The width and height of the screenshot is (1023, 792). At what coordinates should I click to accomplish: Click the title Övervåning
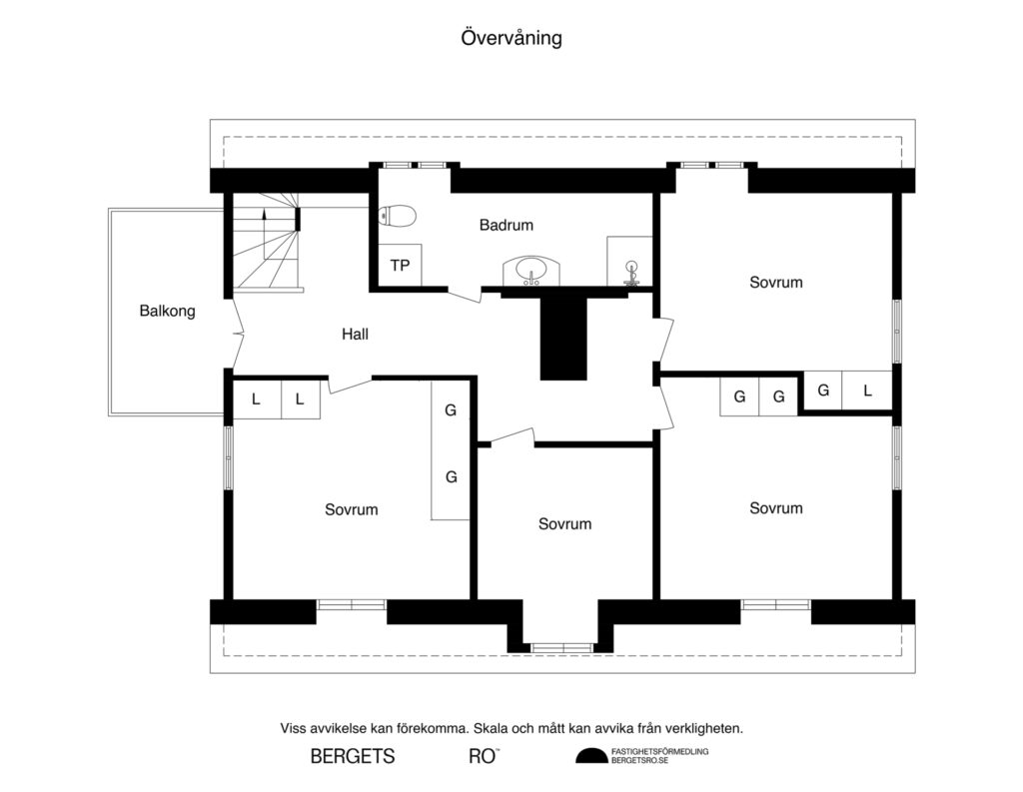point(511,38)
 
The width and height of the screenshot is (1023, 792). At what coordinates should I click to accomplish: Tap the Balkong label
point(167,311)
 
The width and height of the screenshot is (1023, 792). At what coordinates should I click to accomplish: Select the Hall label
point(355,335)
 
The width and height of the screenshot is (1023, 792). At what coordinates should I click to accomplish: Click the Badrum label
point(506,226)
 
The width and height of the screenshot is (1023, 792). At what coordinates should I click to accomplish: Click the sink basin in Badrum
point(531,270)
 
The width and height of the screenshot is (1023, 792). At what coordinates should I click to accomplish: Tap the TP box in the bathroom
point(400,266)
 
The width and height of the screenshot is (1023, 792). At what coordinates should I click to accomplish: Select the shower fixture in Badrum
point(630,269)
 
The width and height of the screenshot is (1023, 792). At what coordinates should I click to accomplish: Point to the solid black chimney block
point(563,335)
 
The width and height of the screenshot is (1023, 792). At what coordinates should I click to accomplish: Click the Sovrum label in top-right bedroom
point(775,283)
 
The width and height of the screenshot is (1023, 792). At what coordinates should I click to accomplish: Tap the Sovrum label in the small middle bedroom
point(564,523)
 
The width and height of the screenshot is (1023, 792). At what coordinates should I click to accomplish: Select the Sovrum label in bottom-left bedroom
point(351,509)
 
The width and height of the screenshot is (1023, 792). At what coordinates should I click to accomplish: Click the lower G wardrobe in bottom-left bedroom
point(451,477)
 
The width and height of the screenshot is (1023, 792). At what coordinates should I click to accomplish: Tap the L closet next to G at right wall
point(867,392)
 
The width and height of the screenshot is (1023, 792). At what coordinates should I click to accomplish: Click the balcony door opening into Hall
point(237,333)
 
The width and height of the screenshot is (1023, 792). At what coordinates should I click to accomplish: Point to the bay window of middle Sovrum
point(562,647)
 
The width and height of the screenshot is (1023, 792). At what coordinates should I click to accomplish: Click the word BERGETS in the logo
point(353,756)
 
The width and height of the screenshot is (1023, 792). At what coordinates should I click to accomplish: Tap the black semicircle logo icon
point(589,756)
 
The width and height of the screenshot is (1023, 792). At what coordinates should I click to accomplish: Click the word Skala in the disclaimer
point(490,728)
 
